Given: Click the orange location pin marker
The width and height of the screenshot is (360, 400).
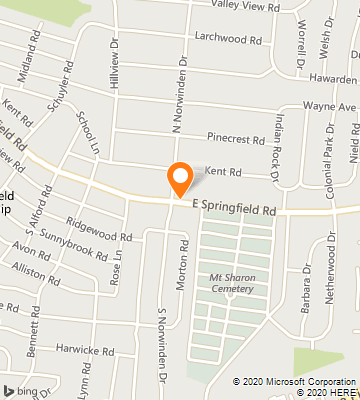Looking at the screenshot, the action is [x=180, y=179].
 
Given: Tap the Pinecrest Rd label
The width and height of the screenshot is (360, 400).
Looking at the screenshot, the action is [x=236, y=138].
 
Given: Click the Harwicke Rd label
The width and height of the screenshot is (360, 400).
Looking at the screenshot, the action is [x=97, y=350].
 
